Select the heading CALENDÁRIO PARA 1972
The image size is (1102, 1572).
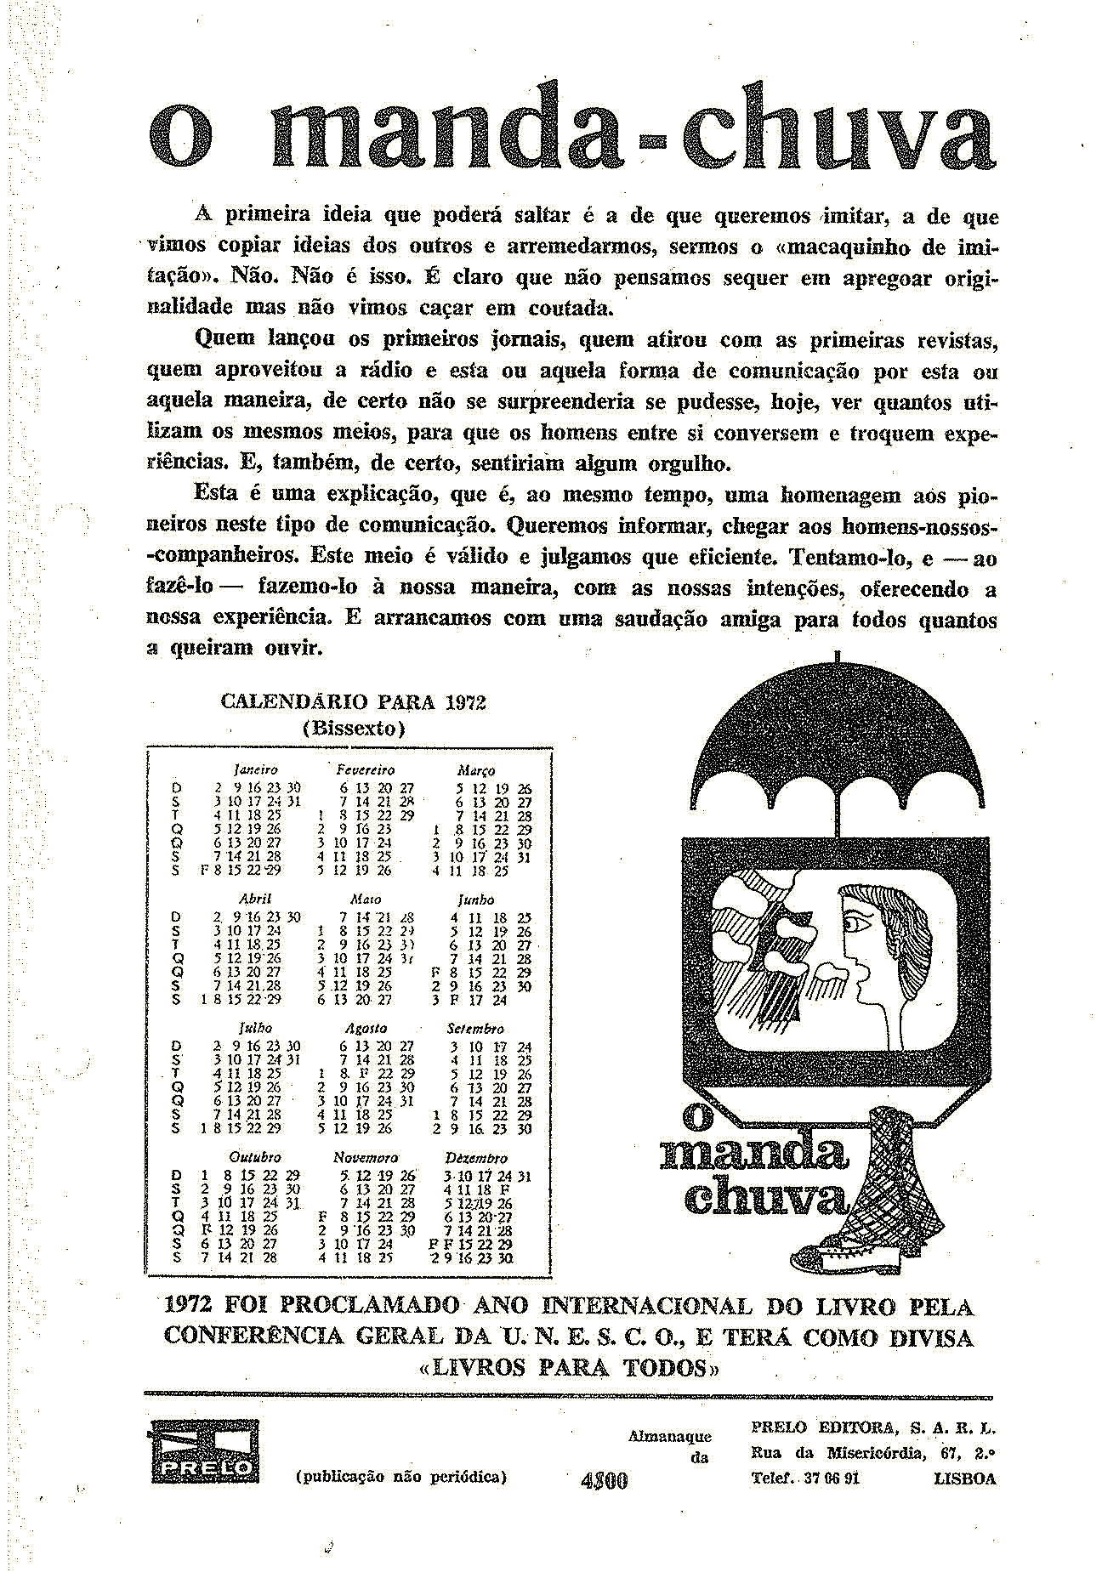(353, 702)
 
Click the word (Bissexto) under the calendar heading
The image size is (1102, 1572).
(353, 729)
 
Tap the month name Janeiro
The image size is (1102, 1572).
(255, 770)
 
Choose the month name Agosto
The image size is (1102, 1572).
(366, 1028)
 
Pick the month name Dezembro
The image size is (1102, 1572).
(476, 1158)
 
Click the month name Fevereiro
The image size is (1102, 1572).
(366, 770)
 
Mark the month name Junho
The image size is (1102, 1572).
(476, 900)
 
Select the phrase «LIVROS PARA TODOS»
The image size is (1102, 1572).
(570, 1367)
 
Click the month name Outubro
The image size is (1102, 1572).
(255, 1158)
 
